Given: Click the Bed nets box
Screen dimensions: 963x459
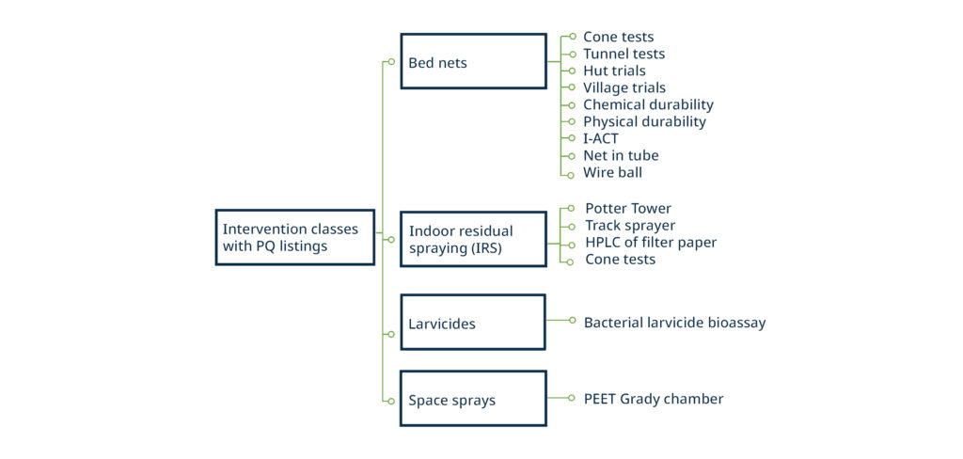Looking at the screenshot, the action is (x=473, y=61).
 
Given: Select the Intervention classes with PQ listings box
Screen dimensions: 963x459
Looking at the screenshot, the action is (x=294, y=237).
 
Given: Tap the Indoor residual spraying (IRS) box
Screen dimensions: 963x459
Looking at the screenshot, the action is (x=473, y=239).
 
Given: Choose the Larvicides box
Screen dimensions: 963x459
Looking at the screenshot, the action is (x=473, y=322).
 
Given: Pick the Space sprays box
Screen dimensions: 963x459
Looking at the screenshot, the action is (x=473, y=398).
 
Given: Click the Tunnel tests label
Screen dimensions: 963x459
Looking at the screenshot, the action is (x=624, y=54).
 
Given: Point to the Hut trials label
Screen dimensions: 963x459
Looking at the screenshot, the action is (x=614, y=71).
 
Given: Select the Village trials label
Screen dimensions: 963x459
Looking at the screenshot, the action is (x=624, y=87).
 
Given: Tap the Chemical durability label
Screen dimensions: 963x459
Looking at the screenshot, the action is (x=648, y=104).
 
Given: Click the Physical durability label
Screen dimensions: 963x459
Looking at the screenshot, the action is (x=644, y=121).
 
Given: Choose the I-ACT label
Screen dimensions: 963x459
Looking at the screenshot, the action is (x=601, y=138).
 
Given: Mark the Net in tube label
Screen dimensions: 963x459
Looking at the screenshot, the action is (x=621, y=155).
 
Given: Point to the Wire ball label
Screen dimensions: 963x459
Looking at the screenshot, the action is (x=612, y=172).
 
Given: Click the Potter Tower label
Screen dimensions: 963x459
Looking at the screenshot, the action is (x=627, y=209).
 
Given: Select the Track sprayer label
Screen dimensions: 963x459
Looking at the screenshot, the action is (x=630, y=226).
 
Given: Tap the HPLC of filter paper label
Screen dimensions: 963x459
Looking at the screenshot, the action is (x=651, y=243).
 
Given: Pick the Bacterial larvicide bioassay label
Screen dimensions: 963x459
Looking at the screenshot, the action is (x=675, y=323).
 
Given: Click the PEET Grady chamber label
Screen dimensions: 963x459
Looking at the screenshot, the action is (x=654, y=399).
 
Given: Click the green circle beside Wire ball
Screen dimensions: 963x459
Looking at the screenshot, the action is (x=571, y=175).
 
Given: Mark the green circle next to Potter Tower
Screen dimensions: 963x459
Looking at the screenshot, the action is (x=571, y=208).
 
